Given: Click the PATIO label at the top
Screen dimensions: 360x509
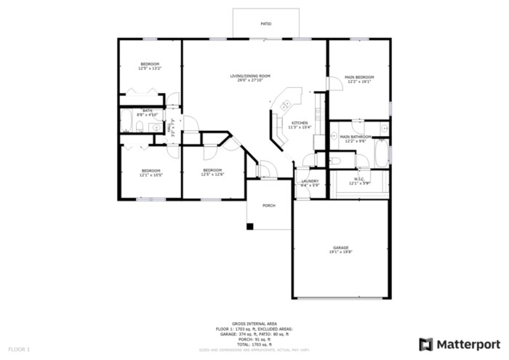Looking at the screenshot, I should tap(266, 24).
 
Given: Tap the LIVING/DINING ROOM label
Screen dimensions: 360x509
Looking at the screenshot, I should tap(250, 76).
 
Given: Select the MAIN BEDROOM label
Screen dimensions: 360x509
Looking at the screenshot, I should tap(359, 77).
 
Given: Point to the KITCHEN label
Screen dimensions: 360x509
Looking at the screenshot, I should tap(300, 123).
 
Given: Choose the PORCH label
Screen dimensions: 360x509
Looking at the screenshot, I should tap(269, 206).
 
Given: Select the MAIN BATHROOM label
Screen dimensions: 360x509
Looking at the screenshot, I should tap(356, 136).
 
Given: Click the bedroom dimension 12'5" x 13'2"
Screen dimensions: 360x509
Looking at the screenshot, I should tap(150, 68).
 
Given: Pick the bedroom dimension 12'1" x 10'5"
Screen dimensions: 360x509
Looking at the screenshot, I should tap(151, 175).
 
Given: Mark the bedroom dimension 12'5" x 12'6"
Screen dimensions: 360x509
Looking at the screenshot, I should tap(212, 175).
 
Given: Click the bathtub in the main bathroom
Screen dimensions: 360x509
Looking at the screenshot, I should tap(382, 153).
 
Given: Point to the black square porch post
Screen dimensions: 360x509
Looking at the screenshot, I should tap(249, 226).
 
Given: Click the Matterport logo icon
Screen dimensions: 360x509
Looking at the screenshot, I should tap(426, 343).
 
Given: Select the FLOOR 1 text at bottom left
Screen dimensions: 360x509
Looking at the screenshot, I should tap(20, 350).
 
